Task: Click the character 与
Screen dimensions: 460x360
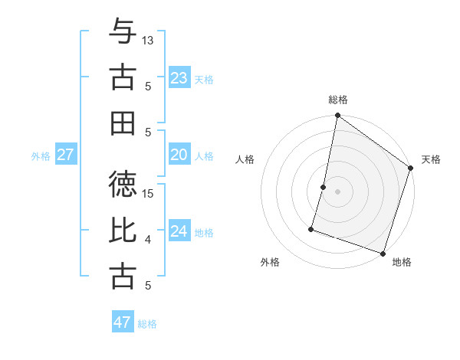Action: (123, 32)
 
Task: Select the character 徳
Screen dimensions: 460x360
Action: (123, 184)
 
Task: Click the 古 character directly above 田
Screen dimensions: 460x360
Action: (123, 77)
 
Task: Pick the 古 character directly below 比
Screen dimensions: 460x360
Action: (123, 276)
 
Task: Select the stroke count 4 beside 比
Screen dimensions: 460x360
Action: (148, 240)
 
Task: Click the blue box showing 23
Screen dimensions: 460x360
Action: (179, 78)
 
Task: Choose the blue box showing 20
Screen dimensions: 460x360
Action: (179, 155)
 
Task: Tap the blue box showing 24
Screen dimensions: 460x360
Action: (179, 231)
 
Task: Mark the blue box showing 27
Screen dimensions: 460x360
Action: (65, 155)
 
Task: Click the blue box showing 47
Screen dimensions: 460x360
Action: (122, 322)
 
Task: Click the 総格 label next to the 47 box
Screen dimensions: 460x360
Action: (147, 324)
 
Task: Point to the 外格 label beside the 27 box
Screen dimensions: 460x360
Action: (41, 156)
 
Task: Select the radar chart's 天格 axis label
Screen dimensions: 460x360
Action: (431, 159)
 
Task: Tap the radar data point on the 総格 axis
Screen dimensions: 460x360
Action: (337, 116)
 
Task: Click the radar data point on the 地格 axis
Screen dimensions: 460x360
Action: (383, 253)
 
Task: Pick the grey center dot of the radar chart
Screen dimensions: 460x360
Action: (337, 191)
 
